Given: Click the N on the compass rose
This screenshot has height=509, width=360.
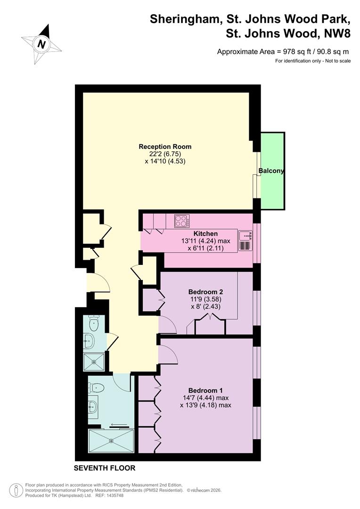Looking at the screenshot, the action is [x=41, y=44].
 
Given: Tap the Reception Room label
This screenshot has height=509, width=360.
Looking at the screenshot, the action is [x=165, y=147].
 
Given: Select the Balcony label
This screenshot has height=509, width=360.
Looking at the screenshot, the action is [x=271, y=171].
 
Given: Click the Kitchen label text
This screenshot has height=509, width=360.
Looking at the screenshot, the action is [x=205, y=233].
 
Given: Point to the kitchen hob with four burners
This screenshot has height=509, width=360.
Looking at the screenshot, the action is [x=182, y=222].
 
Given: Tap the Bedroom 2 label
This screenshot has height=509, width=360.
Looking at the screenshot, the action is [x=205, y=292].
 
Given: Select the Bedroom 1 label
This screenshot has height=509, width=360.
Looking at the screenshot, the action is [x=205, y=391].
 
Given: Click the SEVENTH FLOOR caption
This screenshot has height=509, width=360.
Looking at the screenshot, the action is [x=105, y=468].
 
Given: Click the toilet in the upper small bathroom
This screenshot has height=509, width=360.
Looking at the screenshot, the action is [x=94, y=323].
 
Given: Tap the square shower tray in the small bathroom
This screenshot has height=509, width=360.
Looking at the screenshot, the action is [x=94, y=361].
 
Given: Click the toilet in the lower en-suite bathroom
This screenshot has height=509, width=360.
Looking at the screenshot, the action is [x=96, y=387].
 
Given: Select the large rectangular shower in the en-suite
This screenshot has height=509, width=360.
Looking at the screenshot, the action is [x=111, y=441].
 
